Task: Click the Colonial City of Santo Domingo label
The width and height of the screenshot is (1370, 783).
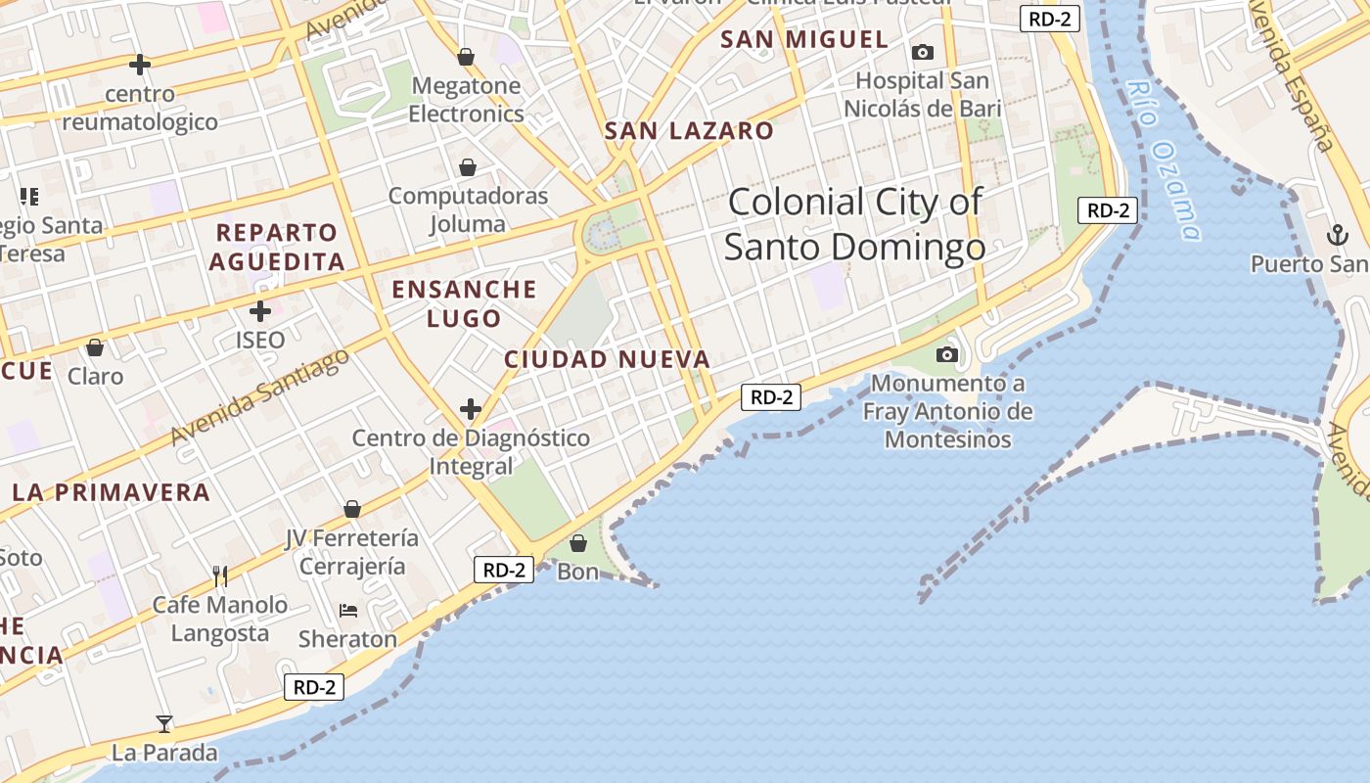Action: click(854, 224)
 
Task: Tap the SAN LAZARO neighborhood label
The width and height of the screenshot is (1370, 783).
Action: click(689, 131)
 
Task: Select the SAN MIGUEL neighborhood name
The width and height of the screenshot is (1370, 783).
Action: click(804, 40)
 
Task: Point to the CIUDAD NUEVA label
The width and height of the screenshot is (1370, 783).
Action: click(607, 359)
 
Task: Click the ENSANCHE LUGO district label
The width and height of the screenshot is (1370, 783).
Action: click(465, 303)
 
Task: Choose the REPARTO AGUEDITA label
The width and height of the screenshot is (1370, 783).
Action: click(277, 248)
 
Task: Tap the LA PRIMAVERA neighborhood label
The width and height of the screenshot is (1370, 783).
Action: click(112, 492)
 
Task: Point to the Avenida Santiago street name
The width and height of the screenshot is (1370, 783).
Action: click(260, 396)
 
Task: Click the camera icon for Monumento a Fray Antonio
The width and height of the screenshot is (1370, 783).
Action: click(947, 354)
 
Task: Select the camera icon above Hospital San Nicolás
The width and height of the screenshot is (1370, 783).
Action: click(922, 52)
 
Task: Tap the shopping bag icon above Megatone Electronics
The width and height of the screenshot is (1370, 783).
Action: click(466, 58)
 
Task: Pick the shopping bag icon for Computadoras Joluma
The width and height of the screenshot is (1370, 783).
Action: click(468, 167)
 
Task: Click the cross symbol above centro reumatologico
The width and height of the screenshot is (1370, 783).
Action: click(140, 65)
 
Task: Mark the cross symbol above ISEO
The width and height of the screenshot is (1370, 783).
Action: click(260, 312)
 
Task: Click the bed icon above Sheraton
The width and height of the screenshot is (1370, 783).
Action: click(347, 611)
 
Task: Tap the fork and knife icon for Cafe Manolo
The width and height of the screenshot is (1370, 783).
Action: click(220, 576)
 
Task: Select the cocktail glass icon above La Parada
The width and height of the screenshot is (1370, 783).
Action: click(164, 724)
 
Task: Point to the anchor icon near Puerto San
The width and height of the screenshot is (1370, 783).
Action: click(1337, 235)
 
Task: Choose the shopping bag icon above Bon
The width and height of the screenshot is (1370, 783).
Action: click(578, 542)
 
